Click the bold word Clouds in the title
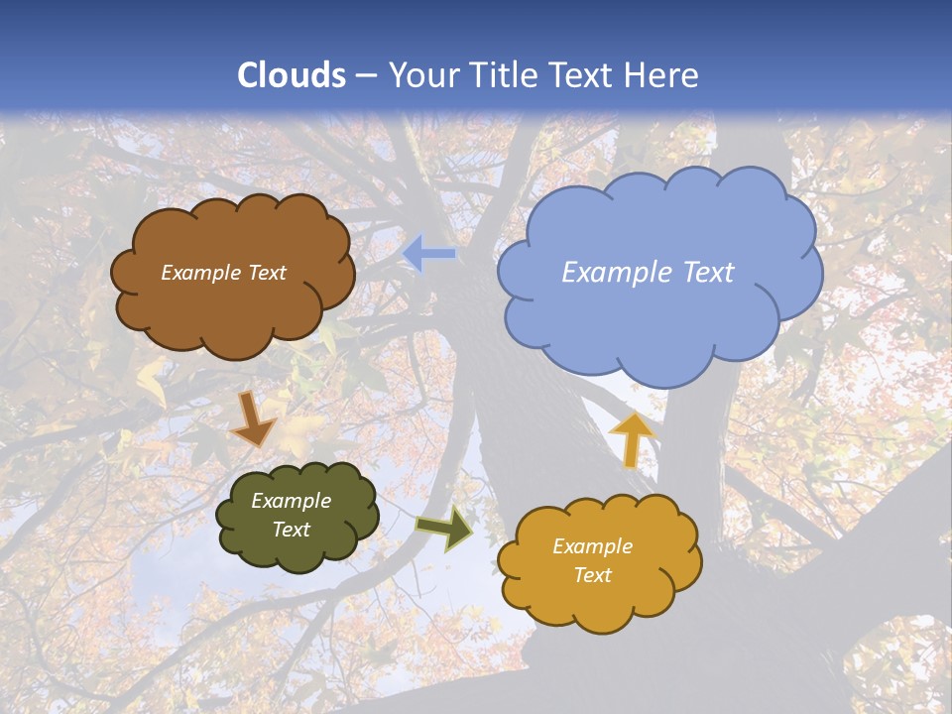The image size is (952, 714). click(x=292, y=75)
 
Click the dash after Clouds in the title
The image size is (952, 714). click(x=364, y=76)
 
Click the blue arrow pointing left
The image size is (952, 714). click(x=429, y=254)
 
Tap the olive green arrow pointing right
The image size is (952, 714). click(x=445, y=528)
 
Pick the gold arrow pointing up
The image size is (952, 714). click(x=632, y=439)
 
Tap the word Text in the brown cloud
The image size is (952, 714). click(x=266, y=273)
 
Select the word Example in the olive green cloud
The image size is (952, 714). click(x=292, y=501)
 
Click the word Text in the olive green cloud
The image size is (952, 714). click(x=292, y=530)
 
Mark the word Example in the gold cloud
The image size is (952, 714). click(x=592, y=546)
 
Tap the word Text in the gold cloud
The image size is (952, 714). click(x=592, y=575)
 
